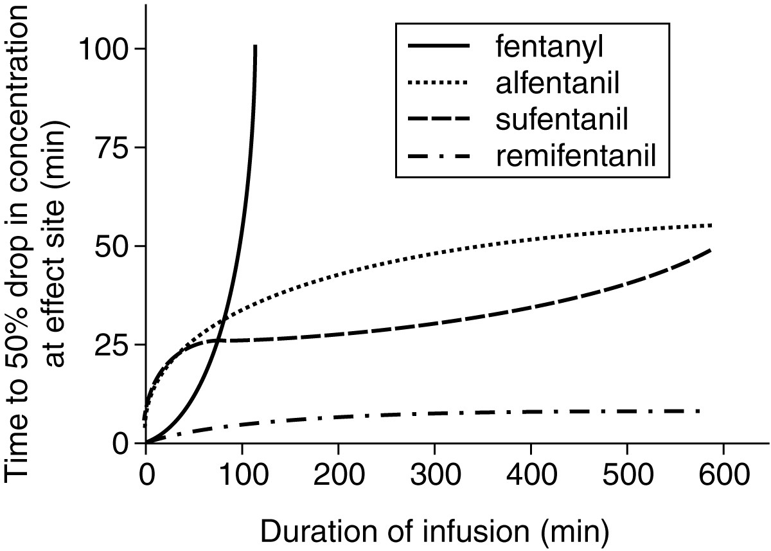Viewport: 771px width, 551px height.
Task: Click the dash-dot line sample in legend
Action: tap(436, 155)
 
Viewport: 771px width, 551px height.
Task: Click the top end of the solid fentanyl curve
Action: tap(256, 47)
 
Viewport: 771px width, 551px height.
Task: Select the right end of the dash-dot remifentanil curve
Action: tap(698, 411)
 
